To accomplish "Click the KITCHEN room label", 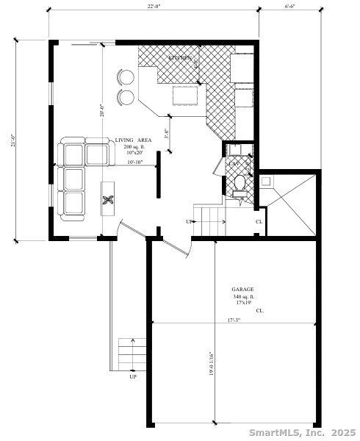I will click(180, 57).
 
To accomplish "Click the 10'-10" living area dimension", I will click(134, 162).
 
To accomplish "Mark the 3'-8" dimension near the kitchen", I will click(167, 135).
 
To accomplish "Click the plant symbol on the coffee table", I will click(108, 199).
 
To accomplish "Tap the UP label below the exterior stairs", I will click(133, 377).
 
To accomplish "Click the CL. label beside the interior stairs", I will click(259, 221).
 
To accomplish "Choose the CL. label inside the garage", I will click(260, 311).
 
